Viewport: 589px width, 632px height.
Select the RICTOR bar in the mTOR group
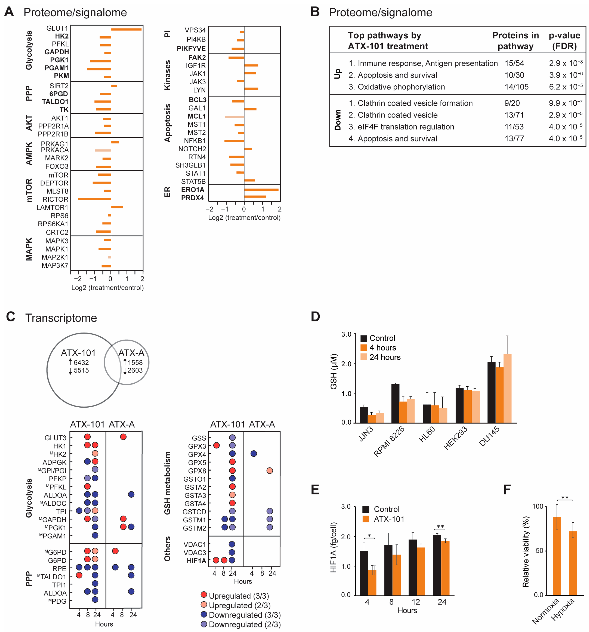point(94,199)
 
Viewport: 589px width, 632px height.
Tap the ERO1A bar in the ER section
point(261,190)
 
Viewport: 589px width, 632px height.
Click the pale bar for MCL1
point(234,117)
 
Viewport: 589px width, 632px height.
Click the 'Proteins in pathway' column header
point(515,41)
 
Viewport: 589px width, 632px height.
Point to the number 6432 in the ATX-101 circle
point(81,362)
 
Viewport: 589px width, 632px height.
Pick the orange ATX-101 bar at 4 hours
point(372,582)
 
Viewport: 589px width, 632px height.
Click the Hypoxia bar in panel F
point(572,563)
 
